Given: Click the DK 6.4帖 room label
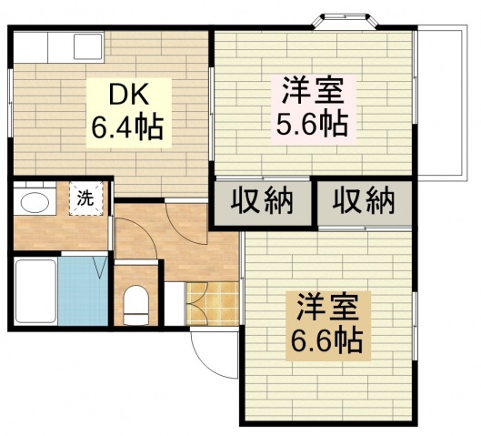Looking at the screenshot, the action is [128, 112].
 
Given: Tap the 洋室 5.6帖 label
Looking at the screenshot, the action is [313, 108].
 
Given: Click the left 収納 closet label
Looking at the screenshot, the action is [262, 201].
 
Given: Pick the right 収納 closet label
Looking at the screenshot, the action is [364, 201].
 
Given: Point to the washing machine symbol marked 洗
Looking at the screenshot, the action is [85, 198].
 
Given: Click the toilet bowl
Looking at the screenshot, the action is [135, 305].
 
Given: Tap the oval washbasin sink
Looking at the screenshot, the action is [35, 203].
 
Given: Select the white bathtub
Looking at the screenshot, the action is [35, 291].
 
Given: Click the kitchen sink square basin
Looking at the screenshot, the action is [88, 46].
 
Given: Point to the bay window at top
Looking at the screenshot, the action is [346, 22].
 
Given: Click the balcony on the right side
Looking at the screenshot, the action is [442, 104].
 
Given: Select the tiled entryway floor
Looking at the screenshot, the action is [213, 304].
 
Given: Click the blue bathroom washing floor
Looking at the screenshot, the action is [83, 291].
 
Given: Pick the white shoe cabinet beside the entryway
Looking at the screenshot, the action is [175, 304].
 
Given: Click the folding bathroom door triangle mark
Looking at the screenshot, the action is [101, 267].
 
